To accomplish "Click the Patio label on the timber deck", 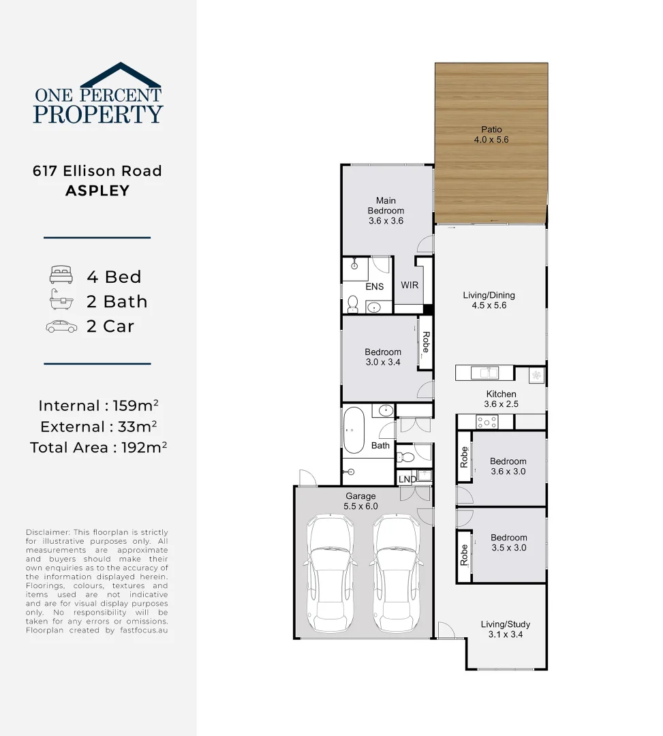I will click(491, 129).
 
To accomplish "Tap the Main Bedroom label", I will click(386, 205).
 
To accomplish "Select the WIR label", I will click(410, 286).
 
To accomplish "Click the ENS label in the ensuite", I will click(374, 287).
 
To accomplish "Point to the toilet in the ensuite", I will click(353, 303).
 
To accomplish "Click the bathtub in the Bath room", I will click(354, 431).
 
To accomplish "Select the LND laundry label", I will click(407, 479).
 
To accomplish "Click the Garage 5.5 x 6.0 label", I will click(360, 501).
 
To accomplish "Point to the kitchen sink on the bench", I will click(487, 372).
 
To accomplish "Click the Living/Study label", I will click(505, 624).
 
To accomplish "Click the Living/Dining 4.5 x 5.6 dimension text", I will click(489, 305).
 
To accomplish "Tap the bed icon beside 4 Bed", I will click(60, 276).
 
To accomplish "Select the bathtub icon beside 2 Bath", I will click(61, 301).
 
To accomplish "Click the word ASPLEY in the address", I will click(97, 191).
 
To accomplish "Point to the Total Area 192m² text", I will click(99, 448).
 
